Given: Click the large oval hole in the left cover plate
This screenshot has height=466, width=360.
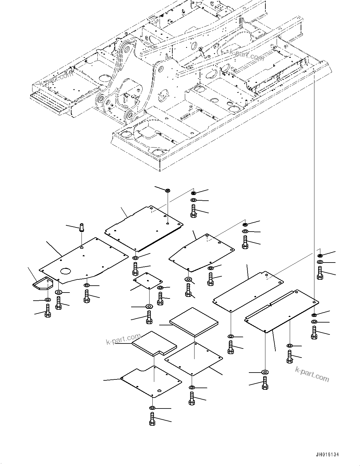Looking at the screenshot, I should (68, 271).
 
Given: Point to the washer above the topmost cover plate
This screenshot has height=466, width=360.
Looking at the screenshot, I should (168, 190).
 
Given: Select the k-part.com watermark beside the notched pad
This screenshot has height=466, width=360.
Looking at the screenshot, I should (123, 339).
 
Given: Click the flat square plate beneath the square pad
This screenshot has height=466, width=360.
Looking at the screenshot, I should (194, 358).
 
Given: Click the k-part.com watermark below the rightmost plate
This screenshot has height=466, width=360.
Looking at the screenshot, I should (312, 374).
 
